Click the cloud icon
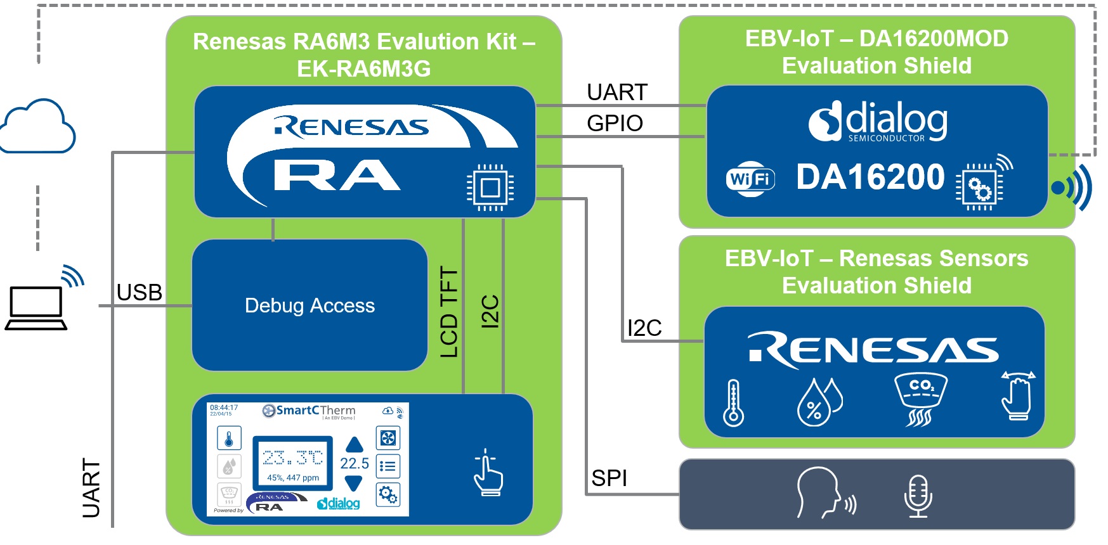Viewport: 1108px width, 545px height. click(38, 127)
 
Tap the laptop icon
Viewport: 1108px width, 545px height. click(36, 308)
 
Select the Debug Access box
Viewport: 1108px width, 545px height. click(310, 305)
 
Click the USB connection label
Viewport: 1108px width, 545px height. click(140, 293)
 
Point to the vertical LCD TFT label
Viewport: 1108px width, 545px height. click(449, 312)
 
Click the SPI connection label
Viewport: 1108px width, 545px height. click(609, 478)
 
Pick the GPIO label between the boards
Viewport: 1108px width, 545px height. click(615, 123)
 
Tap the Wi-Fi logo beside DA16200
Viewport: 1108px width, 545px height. click(751, 179)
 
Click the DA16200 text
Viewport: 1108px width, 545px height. click(870, 177)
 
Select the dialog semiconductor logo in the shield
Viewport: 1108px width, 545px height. click(878, 121)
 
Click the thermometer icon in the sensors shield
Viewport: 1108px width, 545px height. click(733, 402)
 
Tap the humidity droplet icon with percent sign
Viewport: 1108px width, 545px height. click(818, 402)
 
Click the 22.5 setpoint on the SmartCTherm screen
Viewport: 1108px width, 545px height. click(355, 463)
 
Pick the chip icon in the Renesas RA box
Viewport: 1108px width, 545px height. click(490, 188)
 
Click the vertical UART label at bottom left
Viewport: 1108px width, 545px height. click(91, 488)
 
